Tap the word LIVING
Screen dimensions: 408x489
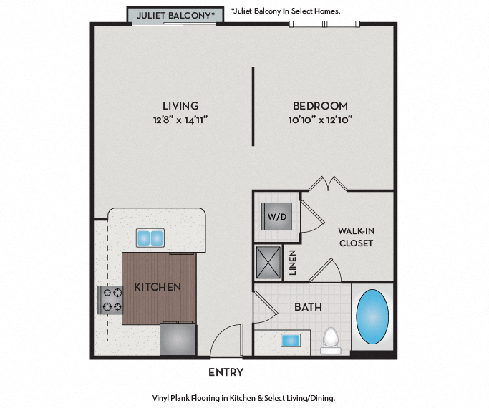(180, 105)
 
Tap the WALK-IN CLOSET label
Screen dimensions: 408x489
(356, 237)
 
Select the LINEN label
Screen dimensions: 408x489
(292, 262)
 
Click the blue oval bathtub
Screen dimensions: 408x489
(373, 316)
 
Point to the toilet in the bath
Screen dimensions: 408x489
(331, 339)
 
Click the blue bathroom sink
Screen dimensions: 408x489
(291, 340)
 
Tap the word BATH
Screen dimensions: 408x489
(308, 307)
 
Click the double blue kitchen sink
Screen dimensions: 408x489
(150, 238)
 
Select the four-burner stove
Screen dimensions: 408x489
(110, 300)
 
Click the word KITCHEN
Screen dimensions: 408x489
(158, 287)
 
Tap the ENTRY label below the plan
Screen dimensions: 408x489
(226, 372)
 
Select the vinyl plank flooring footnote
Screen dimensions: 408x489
(244, 397)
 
